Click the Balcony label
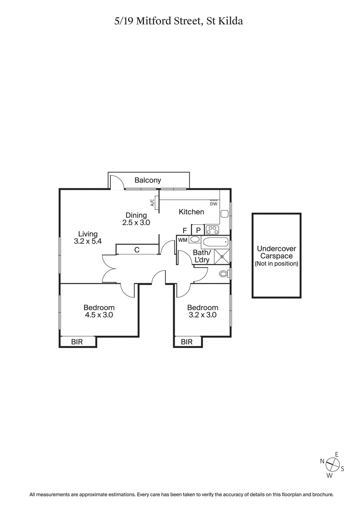[x=148, y=180]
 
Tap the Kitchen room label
[x=191, y=212]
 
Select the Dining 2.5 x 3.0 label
[x=136, y=219]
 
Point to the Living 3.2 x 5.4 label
[x=88, y=237]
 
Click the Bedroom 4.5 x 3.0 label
[x=99, y=311]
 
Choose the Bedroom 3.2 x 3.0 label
[x=202, y=311]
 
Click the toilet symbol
[x=223, y=273]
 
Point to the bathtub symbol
[x=216, y=243]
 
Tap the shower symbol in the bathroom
[x=221, y=257]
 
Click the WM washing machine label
[x=182, y=240]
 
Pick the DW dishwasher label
[x=213, y=204]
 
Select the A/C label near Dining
[x=153, y=203]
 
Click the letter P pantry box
[x=198, y=231]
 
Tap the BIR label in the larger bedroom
[x=77, y=342]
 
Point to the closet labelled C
[x=136, y=250]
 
